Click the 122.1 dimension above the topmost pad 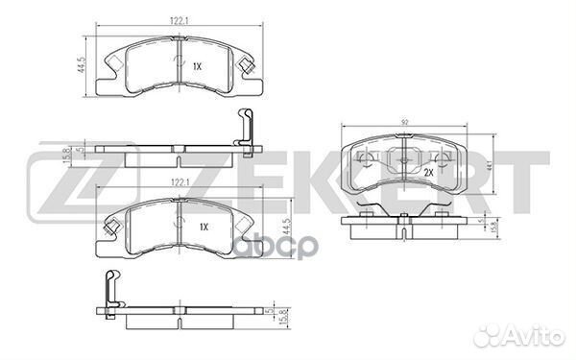179,21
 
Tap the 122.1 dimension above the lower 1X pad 180,182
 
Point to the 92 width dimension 405,122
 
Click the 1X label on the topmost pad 197,66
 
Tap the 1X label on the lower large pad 204,227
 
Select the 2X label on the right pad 429,172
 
